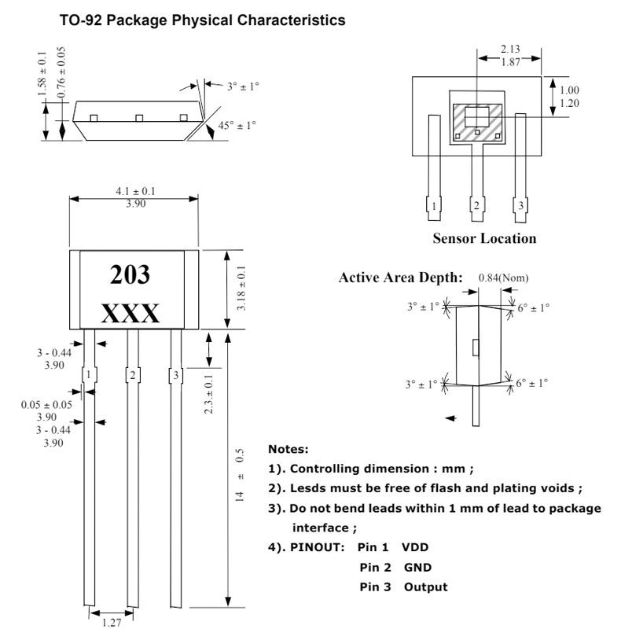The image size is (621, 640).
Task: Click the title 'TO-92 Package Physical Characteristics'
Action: tap(202, 20)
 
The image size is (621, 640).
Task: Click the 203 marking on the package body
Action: tap(130, 274)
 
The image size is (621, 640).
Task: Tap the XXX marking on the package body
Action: tap(130, 314)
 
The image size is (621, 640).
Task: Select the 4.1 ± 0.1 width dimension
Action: tap(135, 191)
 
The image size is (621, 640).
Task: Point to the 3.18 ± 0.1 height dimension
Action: tap(241, 289)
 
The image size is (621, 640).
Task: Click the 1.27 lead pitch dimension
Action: tap(112, 623)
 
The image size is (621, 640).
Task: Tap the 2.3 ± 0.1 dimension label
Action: tap(208, 394)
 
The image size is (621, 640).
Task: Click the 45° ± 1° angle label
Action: tap(237, 125)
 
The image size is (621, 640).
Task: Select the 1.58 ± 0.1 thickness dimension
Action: tap(42, 74)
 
